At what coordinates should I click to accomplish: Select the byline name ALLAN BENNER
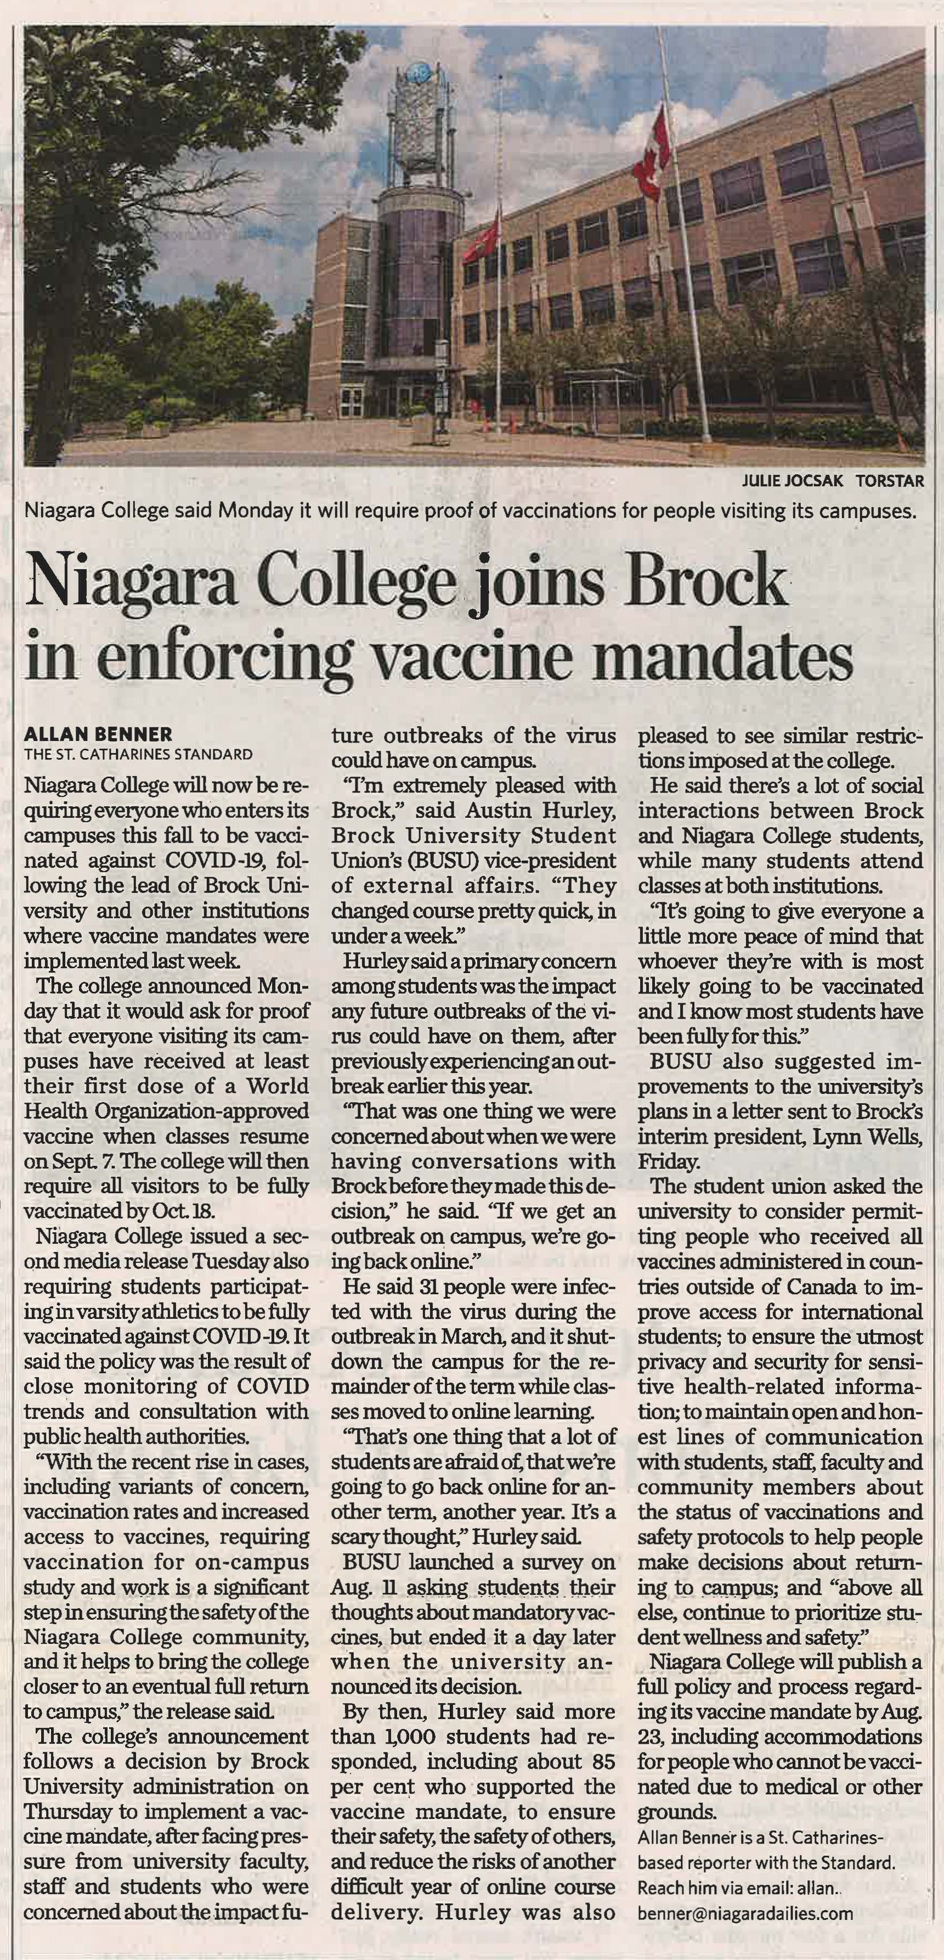98,734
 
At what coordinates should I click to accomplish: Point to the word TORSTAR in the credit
890,481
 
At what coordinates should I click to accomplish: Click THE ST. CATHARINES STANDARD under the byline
138,755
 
